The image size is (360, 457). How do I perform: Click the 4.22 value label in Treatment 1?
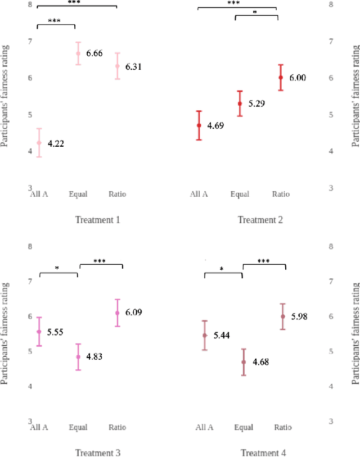click(56, 144)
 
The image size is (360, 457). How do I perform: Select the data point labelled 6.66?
click(78, 53)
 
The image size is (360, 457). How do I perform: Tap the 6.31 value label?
click(133, 67)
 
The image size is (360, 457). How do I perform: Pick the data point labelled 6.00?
click(281, 78)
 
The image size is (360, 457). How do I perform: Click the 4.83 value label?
click(94, 357)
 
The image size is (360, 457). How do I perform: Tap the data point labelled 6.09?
click(118, 313)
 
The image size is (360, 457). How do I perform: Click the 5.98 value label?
click(299, 316)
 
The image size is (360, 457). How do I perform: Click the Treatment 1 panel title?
click(97, 220)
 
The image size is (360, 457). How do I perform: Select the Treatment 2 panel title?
click(260, 220)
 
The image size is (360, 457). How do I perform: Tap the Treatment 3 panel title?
click(97, 453)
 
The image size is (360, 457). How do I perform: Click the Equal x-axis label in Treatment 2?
click(240, 194)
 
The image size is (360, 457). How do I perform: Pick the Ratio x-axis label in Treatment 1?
click(118, 194)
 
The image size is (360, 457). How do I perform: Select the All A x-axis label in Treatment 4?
click(204, 428)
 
